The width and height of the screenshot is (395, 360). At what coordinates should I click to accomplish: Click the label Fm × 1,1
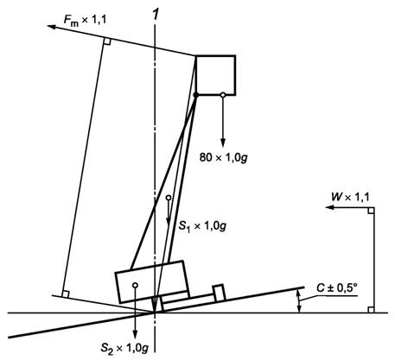85,20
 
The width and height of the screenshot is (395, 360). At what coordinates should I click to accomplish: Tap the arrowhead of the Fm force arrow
51,27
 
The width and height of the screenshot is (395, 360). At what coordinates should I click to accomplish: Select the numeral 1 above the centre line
156,14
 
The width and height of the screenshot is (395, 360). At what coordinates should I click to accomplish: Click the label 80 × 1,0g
224,157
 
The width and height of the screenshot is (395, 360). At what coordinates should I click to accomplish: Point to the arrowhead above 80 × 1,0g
223,143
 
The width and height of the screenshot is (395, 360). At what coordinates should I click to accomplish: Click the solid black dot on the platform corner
196,95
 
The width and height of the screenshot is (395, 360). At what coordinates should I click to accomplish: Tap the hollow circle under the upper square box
223,95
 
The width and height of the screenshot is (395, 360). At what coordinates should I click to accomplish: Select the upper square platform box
215,75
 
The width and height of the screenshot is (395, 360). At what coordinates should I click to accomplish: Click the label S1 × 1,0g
202,226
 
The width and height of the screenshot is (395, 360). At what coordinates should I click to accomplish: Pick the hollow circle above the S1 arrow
169,198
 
